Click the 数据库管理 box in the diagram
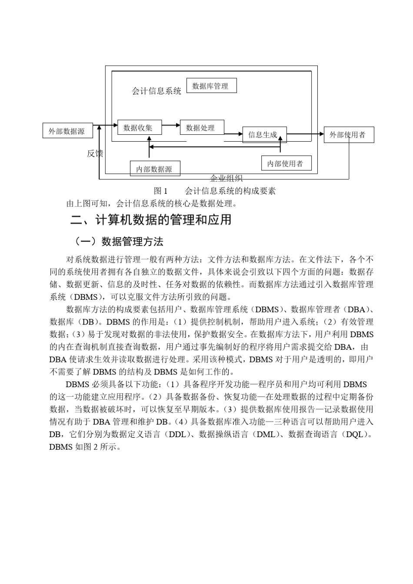coord(211,86)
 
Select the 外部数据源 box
coord(67,131)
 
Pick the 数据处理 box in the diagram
coord(202,127)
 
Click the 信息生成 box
coord(264,134)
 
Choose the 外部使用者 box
coord(348,134)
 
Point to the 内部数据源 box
coord(155,169)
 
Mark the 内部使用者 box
coord(286,163)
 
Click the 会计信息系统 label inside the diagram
coord(157,91)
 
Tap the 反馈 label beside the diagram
coord(95,153)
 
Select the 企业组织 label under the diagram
coord(226,178)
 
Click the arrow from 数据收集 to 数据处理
coord(171,126)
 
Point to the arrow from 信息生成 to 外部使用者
coord(305,134)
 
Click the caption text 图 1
coord(160,191)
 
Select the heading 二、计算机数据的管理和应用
coord(151,220)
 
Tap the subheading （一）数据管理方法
coord(117,241)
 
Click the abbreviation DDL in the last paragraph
coord(177,434)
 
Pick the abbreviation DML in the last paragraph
coord(266,434)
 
